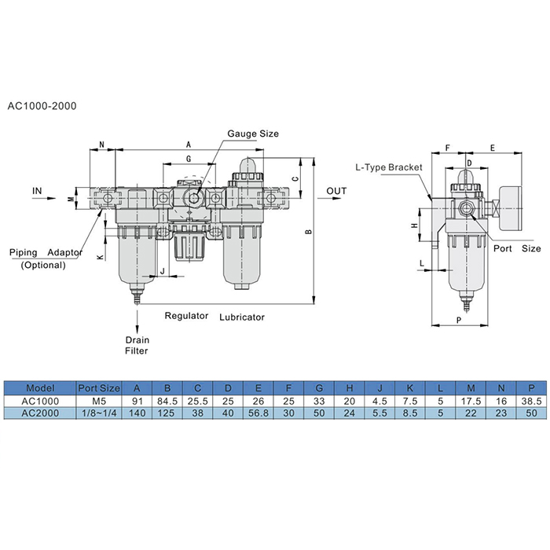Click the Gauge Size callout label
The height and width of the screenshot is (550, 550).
click(253, 134)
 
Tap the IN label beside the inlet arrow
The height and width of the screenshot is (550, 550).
click(37, 191)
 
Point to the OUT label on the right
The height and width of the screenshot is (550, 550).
click(336, 192)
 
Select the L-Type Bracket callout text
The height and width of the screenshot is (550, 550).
click(389, 167)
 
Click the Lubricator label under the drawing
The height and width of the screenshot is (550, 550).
click(242, 317)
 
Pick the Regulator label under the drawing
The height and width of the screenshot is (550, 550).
click(186, 316)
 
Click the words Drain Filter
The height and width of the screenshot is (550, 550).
click(137, 346)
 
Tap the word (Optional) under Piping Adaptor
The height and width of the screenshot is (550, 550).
click(43, 265)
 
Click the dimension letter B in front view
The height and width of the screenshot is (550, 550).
click(309, 233)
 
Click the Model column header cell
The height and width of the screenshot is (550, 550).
click(40, 387)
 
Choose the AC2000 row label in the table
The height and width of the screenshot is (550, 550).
click(40, 413)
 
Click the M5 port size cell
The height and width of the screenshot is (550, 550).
click(99, 401)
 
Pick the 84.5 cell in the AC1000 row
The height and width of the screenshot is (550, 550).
click(167, 401)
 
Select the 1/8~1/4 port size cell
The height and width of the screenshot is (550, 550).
click(99, 413)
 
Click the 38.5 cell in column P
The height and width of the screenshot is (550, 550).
click(531, 401)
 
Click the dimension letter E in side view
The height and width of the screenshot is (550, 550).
click(492, 147)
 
